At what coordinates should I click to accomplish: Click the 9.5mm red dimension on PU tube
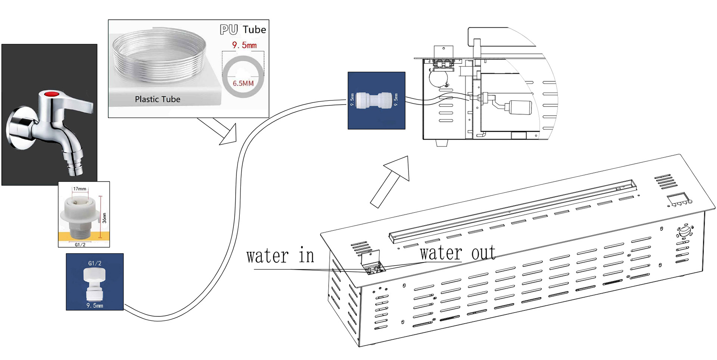click(x=244, y=45)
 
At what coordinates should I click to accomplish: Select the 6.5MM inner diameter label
click(x=243, y=83)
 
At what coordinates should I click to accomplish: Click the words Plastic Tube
click(x=157, y=99)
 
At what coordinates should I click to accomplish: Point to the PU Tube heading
click(x=243, y=30)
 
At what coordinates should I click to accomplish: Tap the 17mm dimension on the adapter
click(x=80, y=189)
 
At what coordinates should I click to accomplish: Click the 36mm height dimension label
click(x=104, y=218)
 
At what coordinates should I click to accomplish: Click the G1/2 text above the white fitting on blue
click(x=94, y=263)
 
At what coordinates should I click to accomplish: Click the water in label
click(x=280, y=256)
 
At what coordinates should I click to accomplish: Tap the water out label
click(x=457, y=253)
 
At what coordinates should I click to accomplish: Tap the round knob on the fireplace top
click(x=685, y=231)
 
